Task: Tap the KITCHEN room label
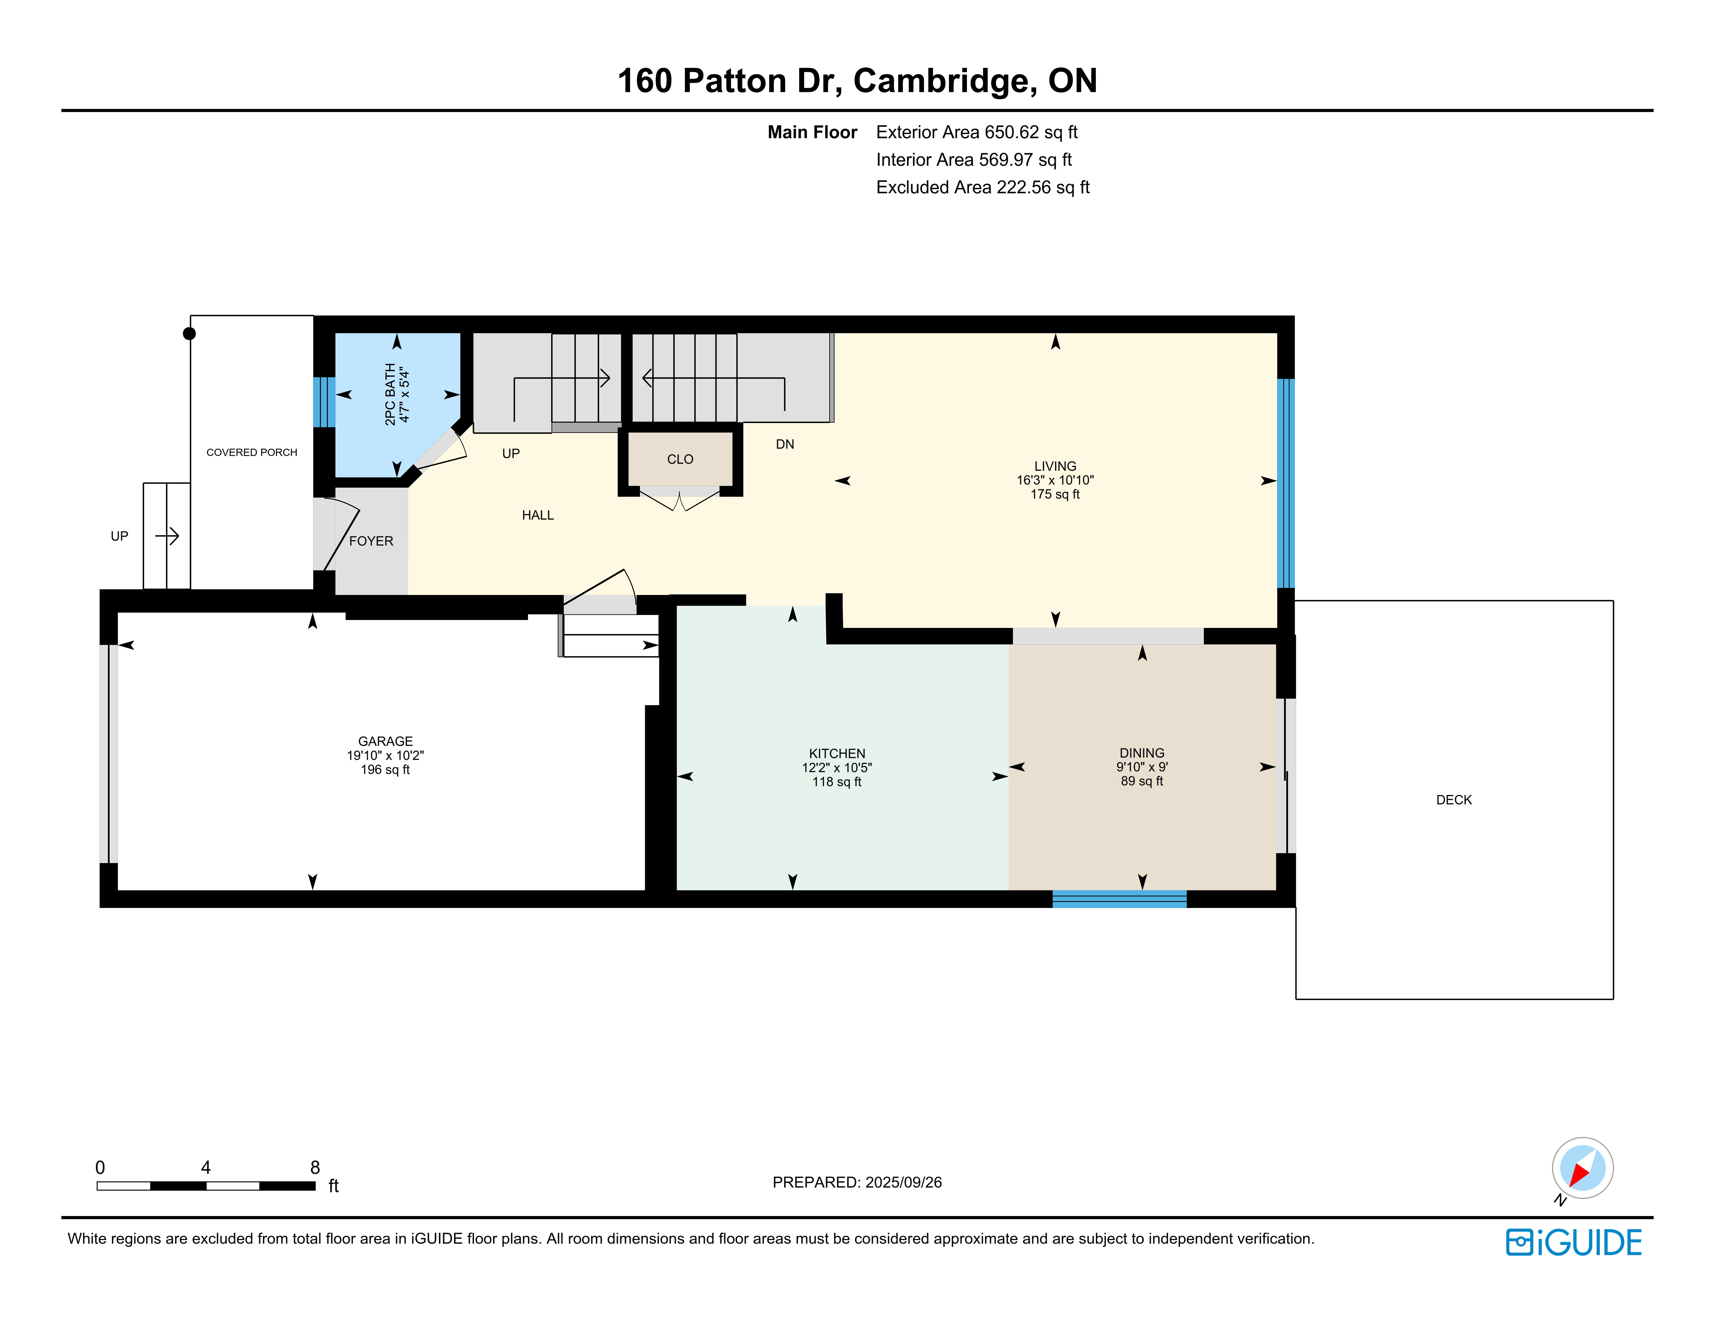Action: [x=837, y=753]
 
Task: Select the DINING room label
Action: [x=1142, y=753]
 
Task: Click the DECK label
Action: [x=1454, y=800]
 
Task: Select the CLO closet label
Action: [x=680, y=459]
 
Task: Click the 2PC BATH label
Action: [x=390, y=394]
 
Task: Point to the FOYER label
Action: [x=371, y=541]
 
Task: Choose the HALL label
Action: [x=538, y=515]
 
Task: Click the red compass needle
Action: [x=1579, y=1174]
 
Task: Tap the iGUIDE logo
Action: [x=1574, y=1243]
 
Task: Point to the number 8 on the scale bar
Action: [x=315, y=1167]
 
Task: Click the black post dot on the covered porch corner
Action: [x=189, y=334]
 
